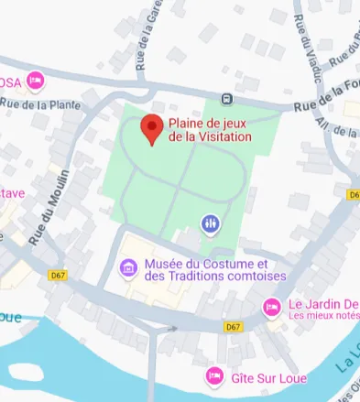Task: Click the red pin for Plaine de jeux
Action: point(152,129)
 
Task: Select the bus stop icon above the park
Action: point(227,99)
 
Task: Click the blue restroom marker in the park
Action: point(211,223)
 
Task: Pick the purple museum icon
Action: point(129,268)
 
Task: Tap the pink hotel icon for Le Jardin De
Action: point(271,307)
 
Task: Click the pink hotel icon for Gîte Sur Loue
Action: point(214,375)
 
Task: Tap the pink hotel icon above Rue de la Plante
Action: point(36,81)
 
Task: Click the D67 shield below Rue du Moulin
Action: point(58,275)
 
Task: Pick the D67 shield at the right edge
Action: point(354,194)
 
